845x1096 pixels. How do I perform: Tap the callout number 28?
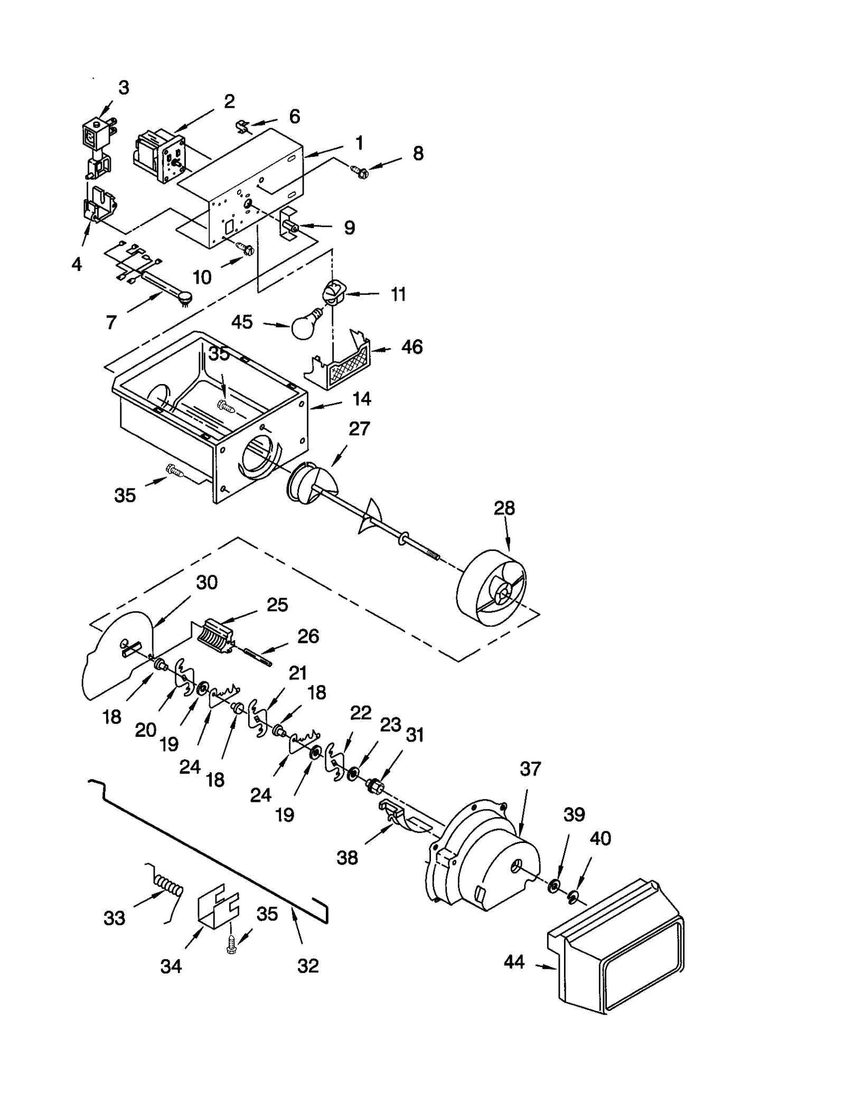tap(504, 508)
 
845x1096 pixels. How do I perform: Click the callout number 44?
tap(513, 962)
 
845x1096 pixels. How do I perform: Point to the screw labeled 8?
tap(359, 171)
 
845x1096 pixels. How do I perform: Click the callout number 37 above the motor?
tap(530, 769)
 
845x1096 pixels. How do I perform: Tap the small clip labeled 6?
tap(243, 127)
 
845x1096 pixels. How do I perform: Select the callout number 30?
tap(206, 582)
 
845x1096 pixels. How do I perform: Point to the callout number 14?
tap(361, 399)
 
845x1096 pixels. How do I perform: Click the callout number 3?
tap(123, 88)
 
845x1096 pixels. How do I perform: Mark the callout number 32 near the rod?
tap(308, 966)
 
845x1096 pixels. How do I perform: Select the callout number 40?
tap(600, 838)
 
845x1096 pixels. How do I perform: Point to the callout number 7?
tap(111, 322)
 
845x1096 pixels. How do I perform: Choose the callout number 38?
tap(347, 858)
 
